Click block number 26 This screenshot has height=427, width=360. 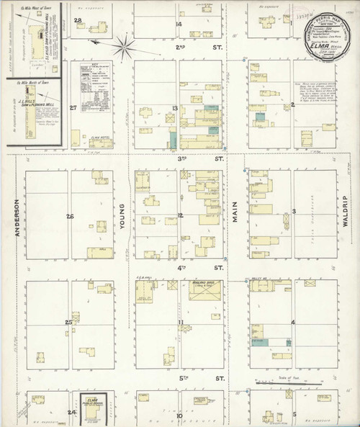coord(70,217)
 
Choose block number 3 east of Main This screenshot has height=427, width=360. coord(294,211)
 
